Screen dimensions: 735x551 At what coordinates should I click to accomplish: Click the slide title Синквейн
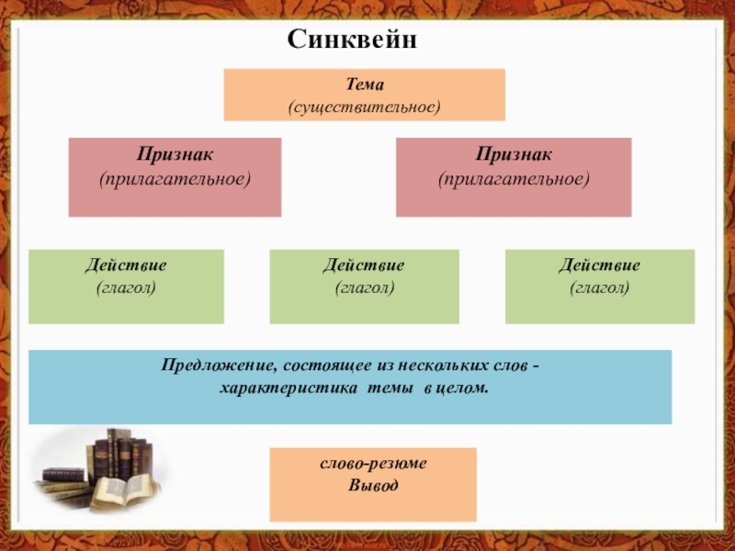click(353, 40)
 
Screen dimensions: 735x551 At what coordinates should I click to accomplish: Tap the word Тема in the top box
click(364, 85)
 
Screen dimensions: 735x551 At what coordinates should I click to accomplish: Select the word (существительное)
click(364, 108)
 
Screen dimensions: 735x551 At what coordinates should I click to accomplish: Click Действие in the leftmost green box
click(126, 265)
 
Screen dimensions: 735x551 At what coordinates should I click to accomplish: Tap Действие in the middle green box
click(364, 265)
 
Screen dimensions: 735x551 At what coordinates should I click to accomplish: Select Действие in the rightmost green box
click(600, 265)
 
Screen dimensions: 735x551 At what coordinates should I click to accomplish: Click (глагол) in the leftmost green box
click(126, 287)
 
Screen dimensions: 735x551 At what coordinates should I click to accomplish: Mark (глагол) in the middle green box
click(364, 287)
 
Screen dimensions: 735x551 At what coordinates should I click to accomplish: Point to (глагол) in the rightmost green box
click(600, 287)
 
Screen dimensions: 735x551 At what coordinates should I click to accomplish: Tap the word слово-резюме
click(373, 465)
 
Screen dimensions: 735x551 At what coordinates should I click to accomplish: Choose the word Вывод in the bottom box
click(373, 485)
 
